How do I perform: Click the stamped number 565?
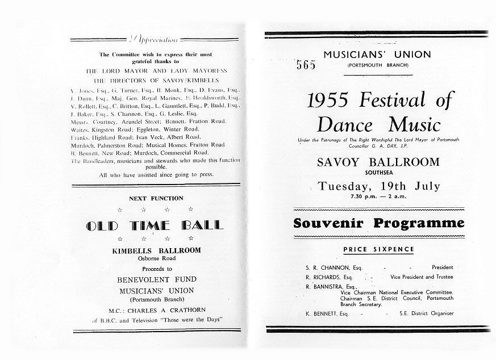[306, 65]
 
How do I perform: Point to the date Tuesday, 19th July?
[378, 186]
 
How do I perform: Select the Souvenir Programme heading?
[378, 223]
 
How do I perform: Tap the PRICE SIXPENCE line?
[378, 249]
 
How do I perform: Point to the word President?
[443, 267]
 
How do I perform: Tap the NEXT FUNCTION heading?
[156, 198]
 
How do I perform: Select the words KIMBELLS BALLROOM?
[156, 250]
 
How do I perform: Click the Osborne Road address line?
[156, 258]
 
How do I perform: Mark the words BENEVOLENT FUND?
[156, 279]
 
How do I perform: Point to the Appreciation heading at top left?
[155, 40]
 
